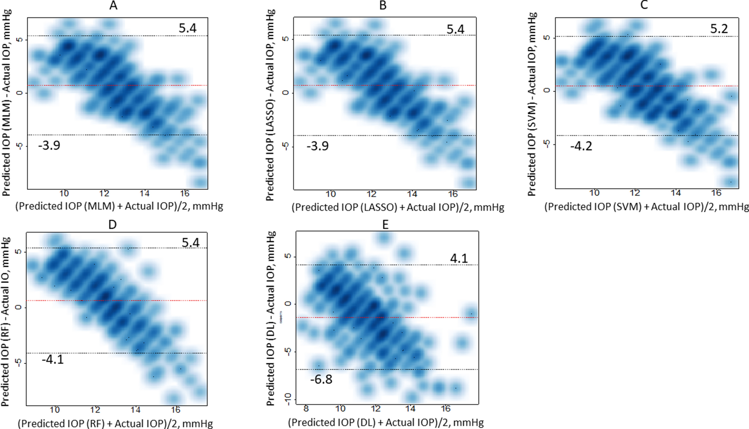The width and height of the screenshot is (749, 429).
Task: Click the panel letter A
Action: [x=113, y=6]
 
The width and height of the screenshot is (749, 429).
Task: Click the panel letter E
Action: [x=385, y=224]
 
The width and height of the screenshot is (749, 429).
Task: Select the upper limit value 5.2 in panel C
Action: [x=719, y=29]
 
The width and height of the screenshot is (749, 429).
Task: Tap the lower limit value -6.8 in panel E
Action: [x=321, y=379]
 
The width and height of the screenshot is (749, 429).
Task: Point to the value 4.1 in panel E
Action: [x=459, y=258]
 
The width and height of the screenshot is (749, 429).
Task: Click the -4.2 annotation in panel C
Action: [x=581, y=146]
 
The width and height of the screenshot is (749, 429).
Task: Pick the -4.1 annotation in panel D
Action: [x=53, y=359]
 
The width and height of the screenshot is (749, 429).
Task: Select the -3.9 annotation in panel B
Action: [x=318, y=146]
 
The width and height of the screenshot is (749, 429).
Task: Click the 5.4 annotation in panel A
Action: [x=187, y=28]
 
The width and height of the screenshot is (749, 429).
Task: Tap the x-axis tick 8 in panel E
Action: [x=306, y=408]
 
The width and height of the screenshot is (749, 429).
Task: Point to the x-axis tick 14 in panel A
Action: [x=144, y=193]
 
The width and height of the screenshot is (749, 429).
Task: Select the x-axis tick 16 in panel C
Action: [x=716, y=193]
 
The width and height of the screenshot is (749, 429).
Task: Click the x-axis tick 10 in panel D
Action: [x=55, y=410]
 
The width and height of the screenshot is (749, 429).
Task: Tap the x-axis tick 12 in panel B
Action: [x=371, y=194]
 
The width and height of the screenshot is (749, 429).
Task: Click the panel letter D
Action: [x=112, y=224]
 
